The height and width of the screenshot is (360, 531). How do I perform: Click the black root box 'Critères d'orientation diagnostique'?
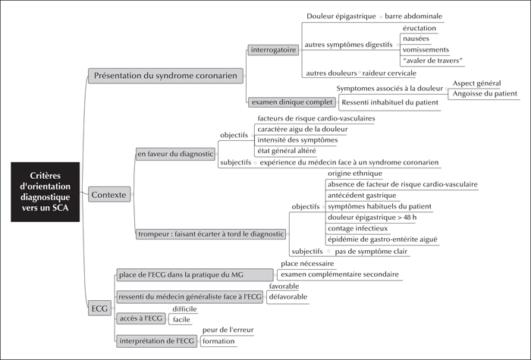pos(46,192)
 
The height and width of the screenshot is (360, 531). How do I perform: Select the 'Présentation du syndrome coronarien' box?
pos(165,76)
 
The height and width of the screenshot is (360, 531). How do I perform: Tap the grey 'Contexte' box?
pos(109,195)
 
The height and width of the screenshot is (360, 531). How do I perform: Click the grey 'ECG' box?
pos(99,308)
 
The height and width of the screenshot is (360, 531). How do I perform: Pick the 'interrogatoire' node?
pos(273,50)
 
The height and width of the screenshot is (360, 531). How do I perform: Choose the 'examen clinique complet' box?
pos(292,102)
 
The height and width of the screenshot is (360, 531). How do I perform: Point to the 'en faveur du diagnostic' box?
pos(175,154)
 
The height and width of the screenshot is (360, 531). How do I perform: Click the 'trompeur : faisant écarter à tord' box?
pos(211,234)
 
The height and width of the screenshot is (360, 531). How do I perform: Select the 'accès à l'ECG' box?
pos(141,318)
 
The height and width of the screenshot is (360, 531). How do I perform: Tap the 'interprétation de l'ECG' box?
pos(157,341)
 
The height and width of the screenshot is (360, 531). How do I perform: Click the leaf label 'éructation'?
pos(419,28)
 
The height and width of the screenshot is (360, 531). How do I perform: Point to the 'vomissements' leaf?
pos(426,50)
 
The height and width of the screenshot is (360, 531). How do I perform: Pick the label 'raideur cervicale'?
pos(389,73)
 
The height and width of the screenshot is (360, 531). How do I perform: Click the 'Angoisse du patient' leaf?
pos(485,94)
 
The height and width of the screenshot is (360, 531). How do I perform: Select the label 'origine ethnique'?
pos(355,174)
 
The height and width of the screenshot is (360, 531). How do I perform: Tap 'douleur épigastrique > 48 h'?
pos(372,218)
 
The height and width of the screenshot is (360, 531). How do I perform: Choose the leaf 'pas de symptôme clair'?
pos(371,252)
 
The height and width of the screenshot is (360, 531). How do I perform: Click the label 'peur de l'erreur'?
pos(228,330)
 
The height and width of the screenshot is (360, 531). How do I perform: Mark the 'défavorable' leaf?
pos(288,297)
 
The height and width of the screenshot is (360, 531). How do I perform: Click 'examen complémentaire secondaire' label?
pos(340,274)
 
